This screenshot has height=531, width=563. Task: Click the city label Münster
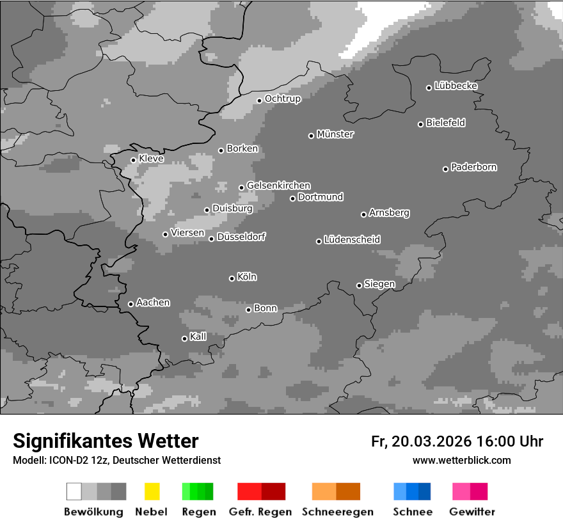pos(335,134)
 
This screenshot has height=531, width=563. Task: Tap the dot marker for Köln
pos(232,278)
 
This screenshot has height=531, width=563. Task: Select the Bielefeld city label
pos(446,123)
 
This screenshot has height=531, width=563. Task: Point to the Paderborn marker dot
pos(445,169)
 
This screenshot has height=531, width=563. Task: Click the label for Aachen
pos(153,303)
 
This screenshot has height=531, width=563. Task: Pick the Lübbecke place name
pos(456,86)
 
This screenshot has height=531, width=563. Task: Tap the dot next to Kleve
pos(133,160)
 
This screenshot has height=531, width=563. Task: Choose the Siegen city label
pos(379,284)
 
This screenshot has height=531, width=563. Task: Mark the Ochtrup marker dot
pos(259,100)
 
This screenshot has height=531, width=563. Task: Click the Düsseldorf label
pos(241,237)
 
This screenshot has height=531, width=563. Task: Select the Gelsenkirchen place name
pos(278,186)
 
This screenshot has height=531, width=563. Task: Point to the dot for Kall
pos(184,338)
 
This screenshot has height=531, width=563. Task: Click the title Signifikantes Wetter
pos(106,441)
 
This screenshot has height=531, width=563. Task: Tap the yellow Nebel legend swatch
pos(152,491)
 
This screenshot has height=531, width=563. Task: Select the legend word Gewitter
pos(472,512)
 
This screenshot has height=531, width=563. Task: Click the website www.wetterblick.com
pos(461,460)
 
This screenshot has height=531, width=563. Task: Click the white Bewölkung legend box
pos(74,491)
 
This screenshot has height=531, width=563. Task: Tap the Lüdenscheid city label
pos(352,240)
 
